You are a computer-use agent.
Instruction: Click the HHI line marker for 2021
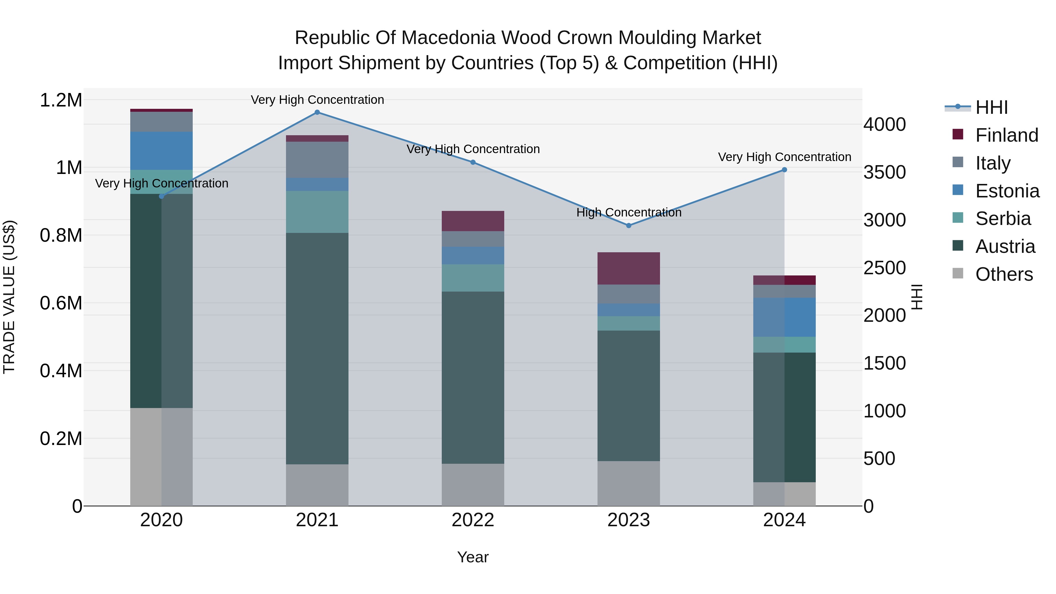pos(317,112)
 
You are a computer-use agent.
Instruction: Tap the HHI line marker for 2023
pos(628,226)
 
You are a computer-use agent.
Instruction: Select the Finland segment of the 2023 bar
pos(628,268)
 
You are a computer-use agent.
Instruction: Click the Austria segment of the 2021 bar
pos(317,348)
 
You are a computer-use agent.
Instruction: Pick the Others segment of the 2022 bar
pos(473,485)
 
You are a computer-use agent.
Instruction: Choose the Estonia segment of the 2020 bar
pos(161,151)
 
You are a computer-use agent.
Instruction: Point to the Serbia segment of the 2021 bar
pos(317,212)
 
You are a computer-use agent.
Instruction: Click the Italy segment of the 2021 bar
pos(317,160)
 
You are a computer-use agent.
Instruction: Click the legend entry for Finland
pos(1006,135)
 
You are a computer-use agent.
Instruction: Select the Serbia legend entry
pos(1003,219)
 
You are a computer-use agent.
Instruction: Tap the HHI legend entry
pos(991,107)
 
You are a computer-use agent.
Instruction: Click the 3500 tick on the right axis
pos(884,172)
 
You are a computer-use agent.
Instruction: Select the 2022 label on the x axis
pos(473,520)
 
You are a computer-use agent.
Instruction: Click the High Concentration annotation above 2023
pos(628,212)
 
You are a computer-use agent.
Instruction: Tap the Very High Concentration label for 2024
pos(784,157)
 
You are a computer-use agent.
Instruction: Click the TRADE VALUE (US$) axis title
pos(9,297)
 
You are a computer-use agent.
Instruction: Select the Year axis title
pos(473,557)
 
